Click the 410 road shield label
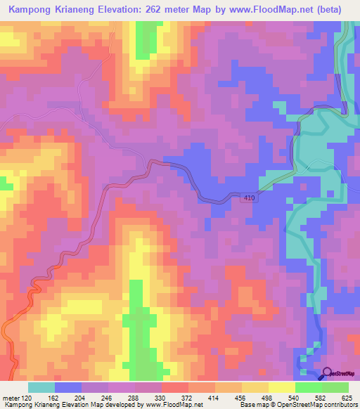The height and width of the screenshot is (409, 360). [252, 199]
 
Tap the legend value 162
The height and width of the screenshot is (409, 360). [63, 397]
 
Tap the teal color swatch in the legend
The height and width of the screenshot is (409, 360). [41, 387]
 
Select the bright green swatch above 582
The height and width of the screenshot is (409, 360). [309, 387]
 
